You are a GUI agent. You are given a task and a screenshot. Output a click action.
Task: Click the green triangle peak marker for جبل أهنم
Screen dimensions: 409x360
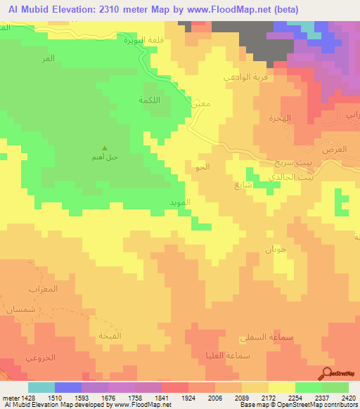105,148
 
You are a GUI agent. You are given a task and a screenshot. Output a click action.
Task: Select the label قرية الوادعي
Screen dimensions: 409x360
240,77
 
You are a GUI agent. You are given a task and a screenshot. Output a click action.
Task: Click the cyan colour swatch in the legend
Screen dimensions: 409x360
41,387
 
